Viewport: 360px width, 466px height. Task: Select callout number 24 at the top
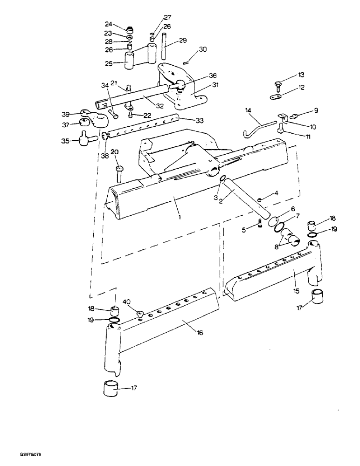click(108, 25)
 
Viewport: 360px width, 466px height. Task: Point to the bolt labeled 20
click(119, 173)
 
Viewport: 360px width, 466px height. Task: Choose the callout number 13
click(301, 75)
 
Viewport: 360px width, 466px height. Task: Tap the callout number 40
click(127, 302)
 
